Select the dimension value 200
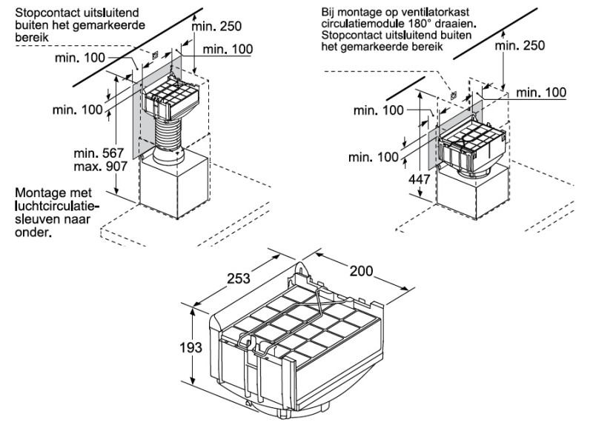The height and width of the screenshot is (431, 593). pyautogui.click(x=360, y=273)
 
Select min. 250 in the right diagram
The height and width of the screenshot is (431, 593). pyautogui.click(x=520, y=45)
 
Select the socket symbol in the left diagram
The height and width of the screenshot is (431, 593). pyautogui.click(x=153, y=54)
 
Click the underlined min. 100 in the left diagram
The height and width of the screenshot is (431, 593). pyautogui.click(x=228, y=49)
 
